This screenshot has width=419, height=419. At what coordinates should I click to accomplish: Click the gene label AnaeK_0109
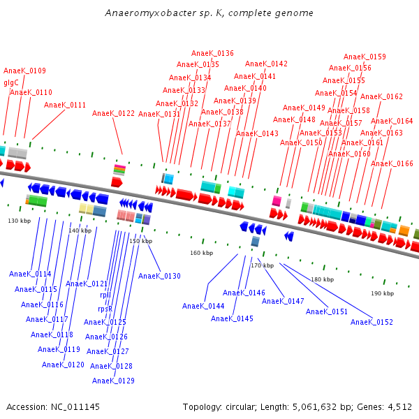click(24, 71)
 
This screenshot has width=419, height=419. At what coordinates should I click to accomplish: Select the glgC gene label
click(11, 82)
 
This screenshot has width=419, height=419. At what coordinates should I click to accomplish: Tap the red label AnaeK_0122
click(113, 113)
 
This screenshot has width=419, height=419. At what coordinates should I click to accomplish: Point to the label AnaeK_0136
click(212, 54)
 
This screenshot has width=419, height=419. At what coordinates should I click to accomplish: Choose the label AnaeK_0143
click(257, 134)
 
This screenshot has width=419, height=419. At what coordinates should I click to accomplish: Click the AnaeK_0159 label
click(365, 57)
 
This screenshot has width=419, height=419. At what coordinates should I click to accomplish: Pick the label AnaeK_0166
click(392, 164)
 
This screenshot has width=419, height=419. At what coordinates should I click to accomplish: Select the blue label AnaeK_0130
click(159, 277)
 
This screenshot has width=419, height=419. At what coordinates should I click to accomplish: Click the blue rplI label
click(105, 295)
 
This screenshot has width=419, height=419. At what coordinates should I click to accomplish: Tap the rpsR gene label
click(105, 309)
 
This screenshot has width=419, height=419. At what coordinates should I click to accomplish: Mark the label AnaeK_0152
click(372, 323)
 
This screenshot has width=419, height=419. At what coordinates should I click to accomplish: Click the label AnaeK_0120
click(63, 365)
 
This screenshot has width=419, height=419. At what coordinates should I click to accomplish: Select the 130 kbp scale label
click(20, 221)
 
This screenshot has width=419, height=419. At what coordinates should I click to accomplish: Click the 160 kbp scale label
click(201, 253)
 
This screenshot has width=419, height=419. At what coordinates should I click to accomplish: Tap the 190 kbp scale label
click(382, 294)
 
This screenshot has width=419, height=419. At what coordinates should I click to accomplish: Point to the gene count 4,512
click(399, 406)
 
